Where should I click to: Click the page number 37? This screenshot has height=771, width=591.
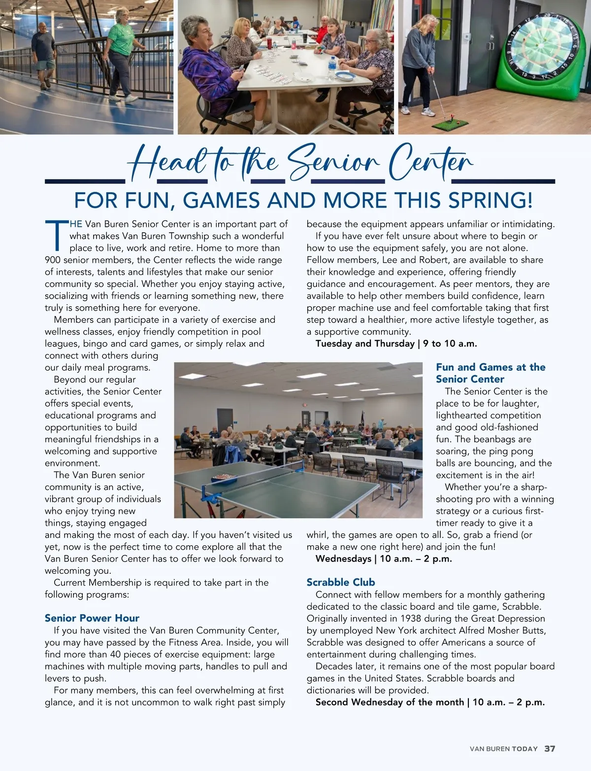550,748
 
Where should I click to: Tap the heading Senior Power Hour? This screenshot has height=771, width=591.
92,618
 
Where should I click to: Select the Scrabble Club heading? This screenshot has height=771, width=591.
341,582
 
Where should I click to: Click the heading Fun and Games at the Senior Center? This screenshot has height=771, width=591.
490,373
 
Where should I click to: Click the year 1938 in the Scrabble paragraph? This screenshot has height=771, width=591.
410,618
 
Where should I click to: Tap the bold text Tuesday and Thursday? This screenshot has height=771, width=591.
365,344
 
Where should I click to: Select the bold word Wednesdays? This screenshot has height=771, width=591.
343,559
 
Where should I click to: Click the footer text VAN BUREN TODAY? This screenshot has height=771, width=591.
503,749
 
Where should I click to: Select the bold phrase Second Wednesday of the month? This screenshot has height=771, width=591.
390,702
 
